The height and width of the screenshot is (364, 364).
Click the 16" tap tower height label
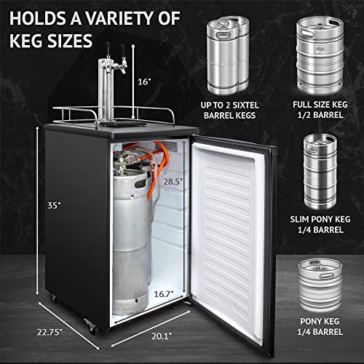tap(146, 82)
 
